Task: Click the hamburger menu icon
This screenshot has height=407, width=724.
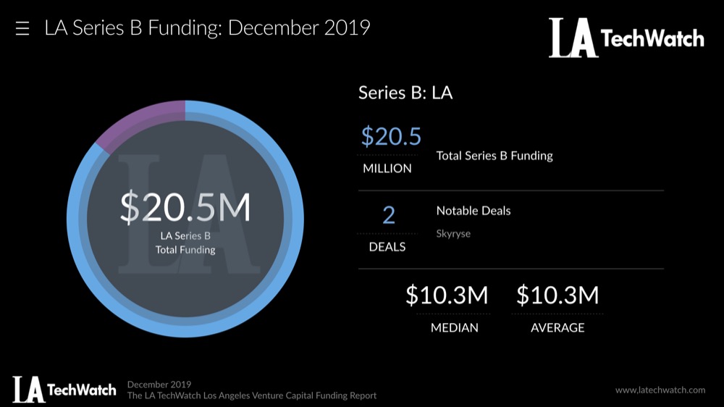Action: (x=22, y=29)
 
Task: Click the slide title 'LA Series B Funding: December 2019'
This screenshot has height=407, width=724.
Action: (x=207, y=28)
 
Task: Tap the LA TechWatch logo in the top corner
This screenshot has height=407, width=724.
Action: (x=626, y=38)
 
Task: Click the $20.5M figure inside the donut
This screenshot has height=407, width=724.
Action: (x=185, y=208)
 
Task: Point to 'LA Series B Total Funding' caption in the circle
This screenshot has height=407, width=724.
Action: (x=185, y=243)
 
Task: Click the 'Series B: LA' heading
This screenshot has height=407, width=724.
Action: (x=405, y=93)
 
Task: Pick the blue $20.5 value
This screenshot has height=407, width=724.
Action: (x=391, y=136)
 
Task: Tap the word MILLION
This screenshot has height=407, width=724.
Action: (x=387, y=168)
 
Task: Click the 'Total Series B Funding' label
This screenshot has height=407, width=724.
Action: (x=494, y=156)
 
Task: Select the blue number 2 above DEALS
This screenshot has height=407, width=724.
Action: (x=388, y=214)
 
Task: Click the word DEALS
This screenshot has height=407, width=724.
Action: (x=387, y=246)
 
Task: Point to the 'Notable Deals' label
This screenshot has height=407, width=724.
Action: (x=473, y=211)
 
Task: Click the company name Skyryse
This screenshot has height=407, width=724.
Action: (x=453, y=234)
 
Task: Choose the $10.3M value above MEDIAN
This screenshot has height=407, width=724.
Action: (x=447, y=295)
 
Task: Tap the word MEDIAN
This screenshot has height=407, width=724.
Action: (x=454, y=327)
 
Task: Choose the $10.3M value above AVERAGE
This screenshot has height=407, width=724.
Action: (x=557, y=295)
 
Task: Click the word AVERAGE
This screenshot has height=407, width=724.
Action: (x=557, y=327)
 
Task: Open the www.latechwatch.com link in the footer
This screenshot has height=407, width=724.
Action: (x=660, y=390)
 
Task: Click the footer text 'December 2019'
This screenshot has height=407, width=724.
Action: (x=159, y=384)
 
